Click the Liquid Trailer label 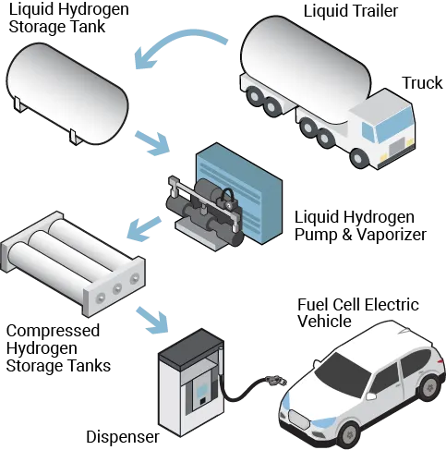(x=351, y=11)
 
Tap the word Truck (x=422, y=83)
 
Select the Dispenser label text (x=123, y=437)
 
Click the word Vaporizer (x=392, y=235)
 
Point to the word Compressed (x=53, y=331)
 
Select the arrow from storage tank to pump (x=152, y=142)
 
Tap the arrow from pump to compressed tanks (x=144, y=228)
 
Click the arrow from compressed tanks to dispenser (x=152, y=321)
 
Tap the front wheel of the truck (x=357, y=158)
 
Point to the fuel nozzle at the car (x=276, y=381)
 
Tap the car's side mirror (x=371, y=395)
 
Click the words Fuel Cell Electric (x=358, y=305)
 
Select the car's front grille (x=298, y=420)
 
